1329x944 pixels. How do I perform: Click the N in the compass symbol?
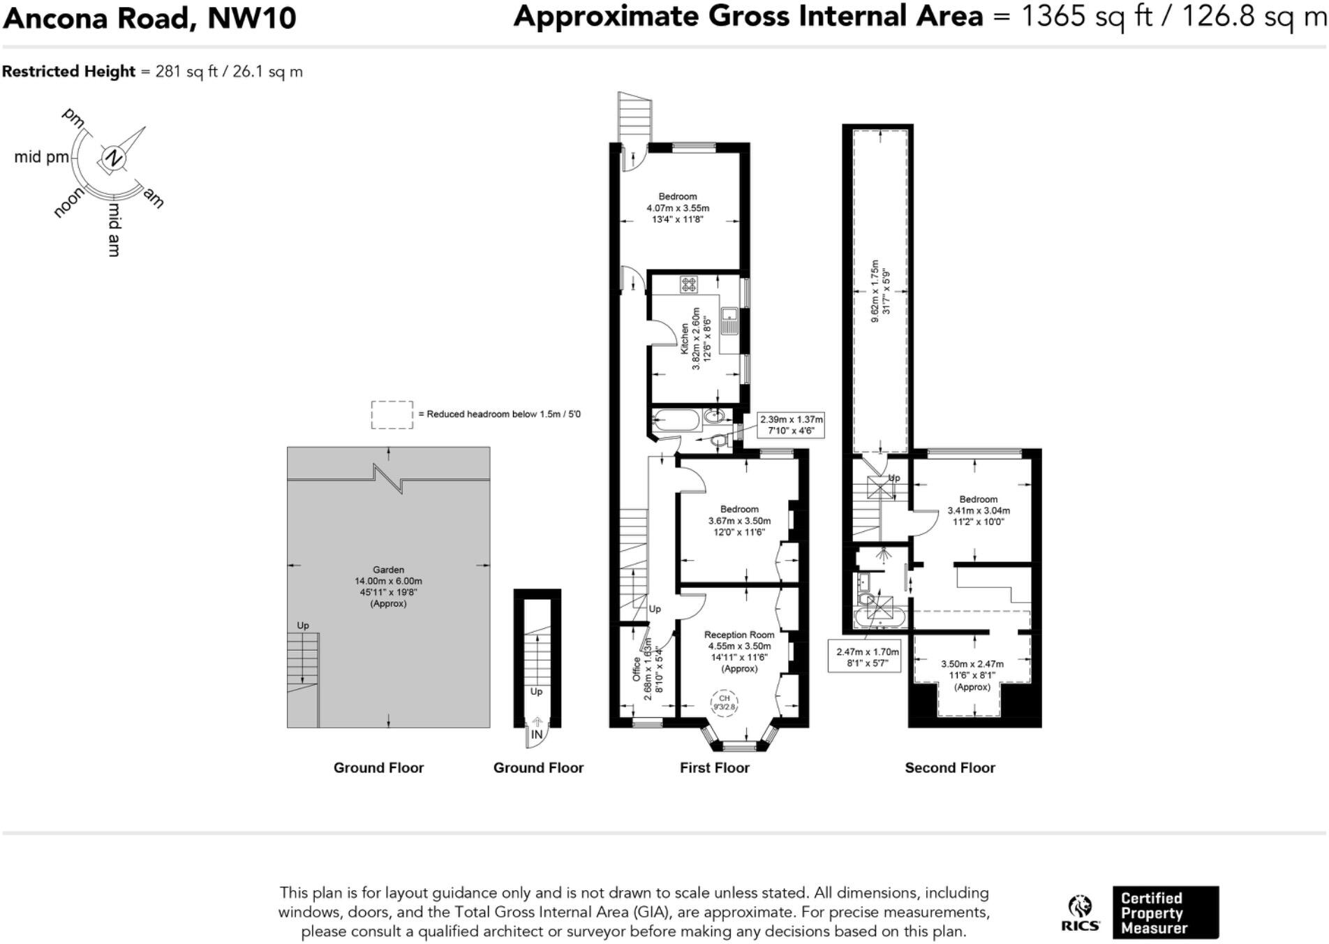tap(113, 158)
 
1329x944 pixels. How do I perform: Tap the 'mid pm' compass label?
tap(41, 157)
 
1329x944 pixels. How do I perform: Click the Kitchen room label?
tap(685, 338)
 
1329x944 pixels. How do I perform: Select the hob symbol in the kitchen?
tap(689, 283)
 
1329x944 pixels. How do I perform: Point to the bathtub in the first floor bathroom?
tap(675, 420)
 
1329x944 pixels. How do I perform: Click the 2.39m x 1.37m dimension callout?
tap(791, 425)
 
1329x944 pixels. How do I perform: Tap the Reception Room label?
tap(738, 635)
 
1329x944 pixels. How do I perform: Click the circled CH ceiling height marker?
tap(724, 702)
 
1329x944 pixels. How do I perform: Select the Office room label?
tap(637, 669)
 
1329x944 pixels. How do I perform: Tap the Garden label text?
tap(388, 570)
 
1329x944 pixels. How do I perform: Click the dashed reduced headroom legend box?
tap(392, 415)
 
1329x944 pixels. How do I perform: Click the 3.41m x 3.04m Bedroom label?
tap(978, 510)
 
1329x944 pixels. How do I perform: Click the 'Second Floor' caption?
tap(949, 767)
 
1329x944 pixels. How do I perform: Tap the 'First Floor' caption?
tap(714, 767)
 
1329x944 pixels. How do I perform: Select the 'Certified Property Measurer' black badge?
tap(1165, 913)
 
